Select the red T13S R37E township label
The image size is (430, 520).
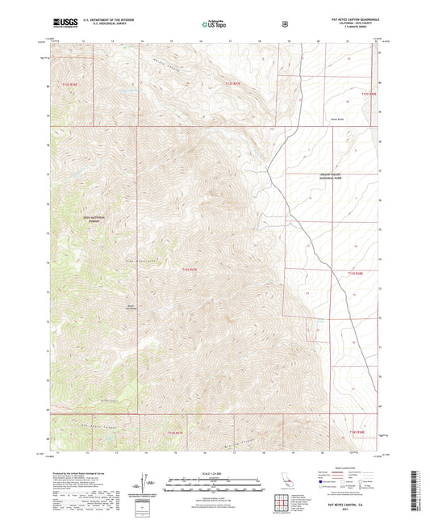(189, 270)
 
